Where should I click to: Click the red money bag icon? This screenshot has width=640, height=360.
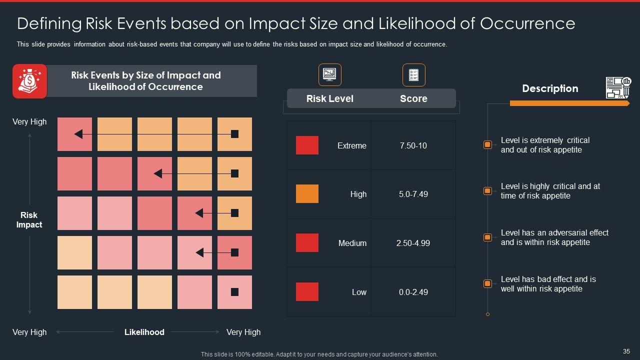pos(29,81)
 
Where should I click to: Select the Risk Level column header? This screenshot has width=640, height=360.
pos(329,98)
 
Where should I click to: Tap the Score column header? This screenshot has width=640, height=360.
pos(413,98)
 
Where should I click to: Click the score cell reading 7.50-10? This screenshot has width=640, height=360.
pos(413,145)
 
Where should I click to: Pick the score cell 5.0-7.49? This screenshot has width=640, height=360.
pos(413,194)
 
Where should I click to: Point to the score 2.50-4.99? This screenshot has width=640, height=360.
pos(413,243)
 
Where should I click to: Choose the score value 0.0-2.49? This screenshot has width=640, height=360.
pos(413,292)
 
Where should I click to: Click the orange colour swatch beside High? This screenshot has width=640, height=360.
pos(307,194)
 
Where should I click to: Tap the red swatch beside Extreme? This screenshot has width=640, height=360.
pos(307,145)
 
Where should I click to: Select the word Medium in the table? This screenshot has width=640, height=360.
pos(352,243)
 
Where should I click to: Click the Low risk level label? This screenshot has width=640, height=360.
pos(359,292)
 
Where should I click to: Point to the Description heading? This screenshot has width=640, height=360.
pos(550,88)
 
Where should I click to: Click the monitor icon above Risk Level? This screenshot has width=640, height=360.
pos(329,75)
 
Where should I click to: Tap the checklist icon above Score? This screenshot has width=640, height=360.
pos(413,75)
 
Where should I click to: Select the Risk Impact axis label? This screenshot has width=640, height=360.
pos(29,220)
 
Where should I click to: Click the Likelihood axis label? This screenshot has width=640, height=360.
pos(144,332)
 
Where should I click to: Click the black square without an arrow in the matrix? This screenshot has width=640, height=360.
pos(234,292)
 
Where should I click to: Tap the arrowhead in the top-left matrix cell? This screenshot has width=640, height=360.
pos(78,134)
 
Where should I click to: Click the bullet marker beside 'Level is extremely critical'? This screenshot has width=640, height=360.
pos(487,145)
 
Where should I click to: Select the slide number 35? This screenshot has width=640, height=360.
pos(626,351)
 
